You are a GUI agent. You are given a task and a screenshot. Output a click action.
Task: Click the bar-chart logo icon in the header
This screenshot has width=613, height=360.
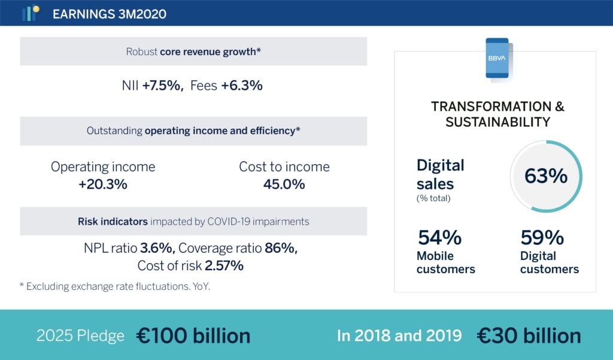[x=31, y=13]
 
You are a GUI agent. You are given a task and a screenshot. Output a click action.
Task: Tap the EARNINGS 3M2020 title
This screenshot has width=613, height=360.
[x=110, y=14]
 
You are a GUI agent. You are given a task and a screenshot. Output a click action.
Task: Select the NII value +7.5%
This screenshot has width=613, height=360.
[x=162, y=85]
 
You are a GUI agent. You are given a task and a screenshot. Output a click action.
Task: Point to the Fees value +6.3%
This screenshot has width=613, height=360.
[x=242, y=85]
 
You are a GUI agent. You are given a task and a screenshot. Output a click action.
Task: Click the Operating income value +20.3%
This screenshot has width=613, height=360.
[x=103, y=184]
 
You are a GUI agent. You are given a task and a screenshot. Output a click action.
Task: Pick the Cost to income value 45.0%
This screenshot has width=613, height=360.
[x=284, y=184]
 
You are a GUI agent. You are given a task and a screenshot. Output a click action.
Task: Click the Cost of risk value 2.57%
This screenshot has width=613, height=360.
[x=224, y=266]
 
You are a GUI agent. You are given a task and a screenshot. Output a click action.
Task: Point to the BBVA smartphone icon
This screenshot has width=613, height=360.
[x=497, y=59]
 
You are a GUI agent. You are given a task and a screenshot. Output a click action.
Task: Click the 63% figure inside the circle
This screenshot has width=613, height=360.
[x=546, y=176]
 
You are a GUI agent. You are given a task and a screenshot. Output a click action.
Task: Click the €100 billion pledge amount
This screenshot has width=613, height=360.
[x=193, y=335]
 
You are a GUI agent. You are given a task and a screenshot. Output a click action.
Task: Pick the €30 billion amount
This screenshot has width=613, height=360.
[x=529, y=335]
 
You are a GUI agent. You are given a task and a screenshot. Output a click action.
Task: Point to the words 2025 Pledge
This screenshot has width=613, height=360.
[x=80, y=335]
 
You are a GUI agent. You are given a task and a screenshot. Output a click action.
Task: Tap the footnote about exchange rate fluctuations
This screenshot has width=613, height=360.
[x=114, y=286]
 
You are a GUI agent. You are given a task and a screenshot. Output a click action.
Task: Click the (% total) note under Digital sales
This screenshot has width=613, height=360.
[x=433, y=198]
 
